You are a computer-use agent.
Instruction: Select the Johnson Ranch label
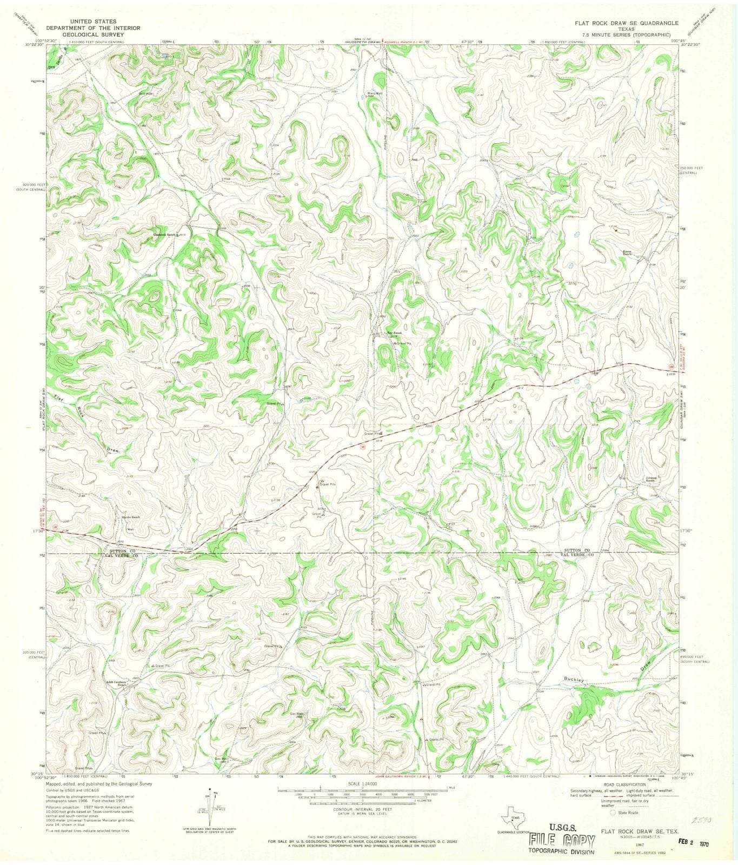653,479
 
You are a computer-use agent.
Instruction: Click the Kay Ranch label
393,333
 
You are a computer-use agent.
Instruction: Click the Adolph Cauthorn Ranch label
117,683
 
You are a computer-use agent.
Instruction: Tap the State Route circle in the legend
611,813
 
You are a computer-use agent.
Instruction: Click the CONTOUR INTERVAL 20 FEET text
362,810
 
